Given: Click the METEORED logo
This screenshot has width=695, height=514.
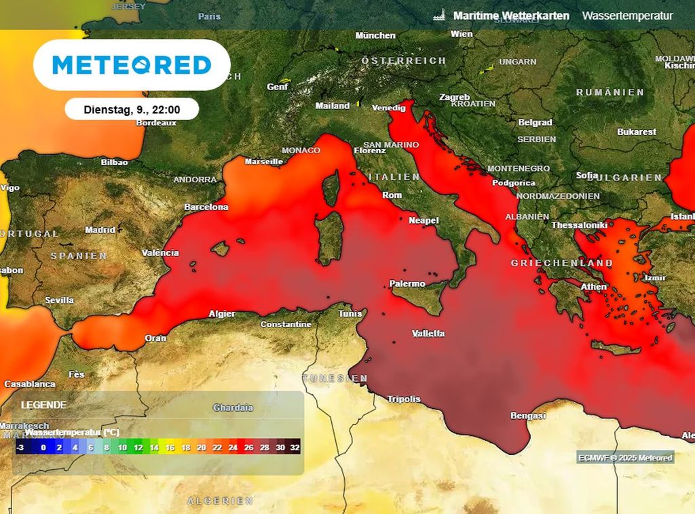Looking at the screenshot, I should tap(132, 65).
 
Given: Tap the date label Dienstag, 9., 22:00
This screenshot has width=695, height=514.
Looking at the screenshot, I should tap(132, 109).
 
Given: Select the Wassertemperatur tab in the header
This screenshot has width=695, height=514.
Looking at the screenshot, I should tap(627, 16).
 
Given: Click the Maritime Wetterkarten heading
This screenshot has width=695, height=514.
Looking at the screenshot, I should tap(510, 16).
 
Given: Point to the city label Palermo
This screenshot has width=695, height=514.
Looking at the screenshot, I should tap(407, 284).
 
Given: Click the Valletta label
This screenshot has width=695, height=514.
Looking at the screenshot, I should tap(429, 334).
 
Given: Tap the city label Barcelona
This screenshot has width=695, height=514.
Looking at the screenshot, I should tap(206, 207).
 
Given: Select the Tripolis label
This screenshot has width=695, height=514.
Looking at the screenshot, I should tap(404, 399).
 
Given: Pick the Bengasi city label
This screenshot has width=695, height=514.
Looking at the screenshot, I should tap(528, 416).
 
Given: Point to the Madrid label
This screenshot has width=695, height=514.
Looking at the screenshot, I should tap(100, 231).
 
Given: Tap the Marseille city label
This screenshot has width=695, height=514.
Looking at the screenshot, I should tap(263, 162).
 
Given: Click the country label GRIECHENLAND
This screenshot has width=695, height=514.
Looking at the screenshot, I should tap(562, 263).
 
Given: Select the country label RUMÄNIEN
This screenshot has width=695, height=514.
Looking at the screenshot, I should tap(609, 92).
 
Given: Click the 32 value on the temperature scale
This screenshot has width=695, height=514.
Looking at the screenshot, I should tap(295, 448).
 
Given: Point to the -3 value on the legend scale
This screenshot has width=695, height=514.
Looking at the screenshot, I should tap(20, 448).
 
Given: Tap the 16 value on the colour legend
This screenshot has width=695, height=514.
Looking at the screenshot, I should tap(170, 448).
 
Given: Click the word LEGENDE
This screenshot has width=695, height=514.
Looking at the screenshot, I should tap(43, 405).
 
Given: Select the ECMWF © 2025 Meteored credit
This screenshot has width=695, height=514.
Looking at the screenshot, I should tap(625, 458).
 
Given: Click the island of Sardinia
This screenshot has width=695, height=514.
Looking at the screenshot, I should tap(330, 237).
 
